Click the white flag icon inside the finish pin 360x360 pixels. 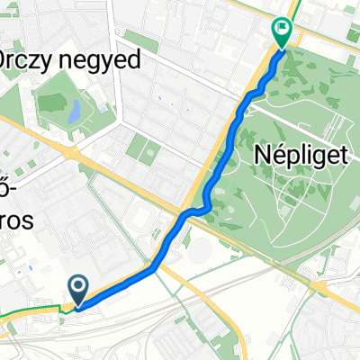[x=283, y=29]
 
